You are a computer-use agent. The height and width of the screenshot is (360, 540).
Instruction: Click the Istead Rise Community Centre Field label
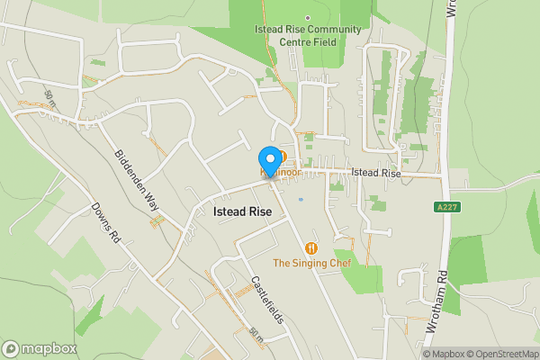click(307, 35)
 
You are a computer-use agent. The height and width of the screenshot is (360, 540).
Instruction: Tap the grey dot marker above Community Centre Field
click(307, 17)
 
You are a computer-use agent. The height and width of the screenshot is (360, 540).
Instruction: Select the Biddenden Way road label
click(137, 180)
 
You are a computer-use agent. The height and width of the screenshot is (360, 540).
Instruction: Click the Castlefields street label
click(267, 300)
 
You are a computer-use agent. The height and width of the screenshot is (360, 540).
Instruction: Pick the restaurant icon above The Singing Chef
click(311, 247)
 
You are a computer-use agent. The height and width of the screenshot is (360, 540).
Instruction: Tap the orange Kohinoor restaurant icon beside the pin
click(282, 156)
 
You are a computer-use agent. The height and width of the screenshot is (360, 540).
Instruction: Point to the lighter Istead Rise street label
click(374, 172)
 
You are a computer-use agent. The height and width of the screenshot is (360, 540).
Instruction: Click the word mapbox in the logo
click(49, 349)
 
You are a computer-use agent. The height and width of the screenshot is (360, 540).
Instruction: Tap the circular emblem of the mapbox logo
click(11, 349)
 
